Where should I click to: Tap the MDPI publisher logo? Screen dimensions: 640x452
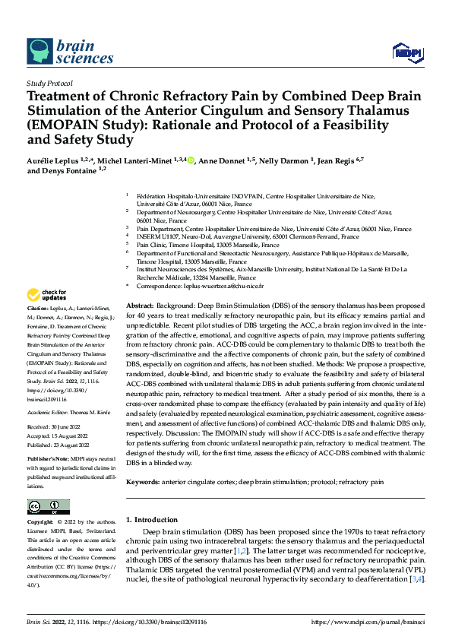[407, 52]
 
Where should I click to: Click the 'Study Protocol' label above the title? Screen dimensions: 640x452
[49, 83]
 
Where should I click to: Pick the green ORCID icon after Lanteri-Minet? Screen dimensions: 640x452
[191, 160]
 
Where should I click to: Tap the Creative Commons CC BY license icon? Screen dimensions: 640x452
[48, 507]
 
